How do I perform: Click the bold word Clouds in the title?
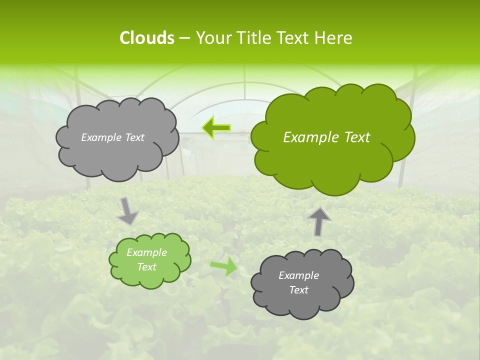[x=146, y=38]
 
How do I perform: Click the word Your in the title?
[x=212, y=38]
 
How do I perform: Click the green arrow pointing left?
[x=216, y=127]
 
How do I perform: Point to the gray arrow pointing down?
[x=127, y=210]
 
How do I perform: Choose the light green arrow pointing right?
[x=223, y=266]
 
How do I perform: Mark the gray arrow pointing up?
[x=319, y=221]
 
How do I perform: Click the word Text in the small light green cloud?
[x=146, y=267]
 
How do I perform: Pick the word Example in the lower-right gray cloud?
[x=298, y=275]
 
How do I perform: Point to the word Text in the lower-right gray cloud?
[x=298, y=290]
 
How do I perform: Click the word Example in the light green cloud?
[x=146, y=252]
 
